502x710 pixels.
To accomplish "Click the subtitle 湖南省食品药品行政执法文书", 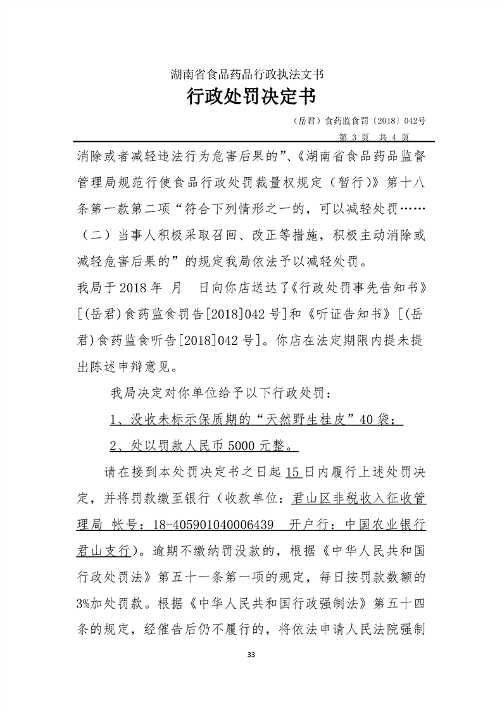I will [251, 74].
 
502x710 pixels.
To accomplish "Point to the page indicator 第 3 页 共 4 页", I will [375, 136].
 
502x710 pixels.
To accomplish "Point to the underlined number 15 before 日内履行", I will [292, 472].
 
